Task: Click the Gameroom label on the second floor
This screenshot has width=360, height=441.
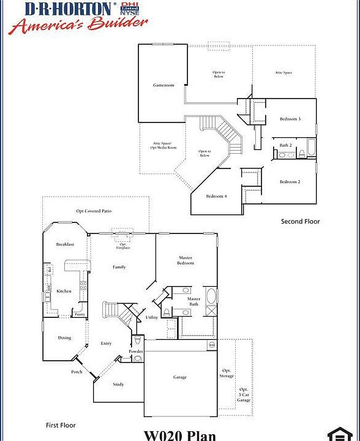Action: pos(163,85)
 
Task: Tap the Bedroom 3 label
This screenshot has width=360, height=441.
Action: pos(290,119)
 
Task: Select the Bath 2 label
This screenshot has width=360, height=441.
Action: pos(285,145)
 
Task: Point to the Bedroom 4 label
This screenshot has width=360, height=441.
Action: pos(216,196)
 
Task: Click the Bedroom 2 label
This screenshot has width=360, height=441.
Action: pos(290,182)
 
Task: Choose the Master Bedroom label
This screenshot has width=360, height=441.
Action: pos(186,260)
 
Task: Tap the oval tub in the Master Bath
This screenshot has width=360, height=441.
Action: pos(211,298)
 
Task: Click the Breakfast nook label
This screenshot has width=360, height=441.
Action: pos(65,244)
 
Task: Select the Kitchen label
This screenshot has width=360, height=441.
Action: pos(64,291)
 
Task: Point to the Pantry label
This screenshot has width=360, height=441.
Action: pos(80,314)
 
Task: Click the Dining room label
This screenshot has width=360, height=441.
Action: pos(64,337)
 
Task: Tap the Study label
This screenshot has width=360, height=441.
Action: pos(118,384)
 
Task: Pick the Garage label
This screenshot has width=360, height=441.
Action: pos(179,377)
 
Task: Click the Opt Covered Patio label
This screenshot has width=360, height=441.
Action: pos(94,211)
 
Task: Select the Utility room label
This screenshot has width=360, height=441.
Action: pos(152,317)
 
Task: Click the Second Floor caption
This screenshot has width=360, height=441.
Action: pos(300,222)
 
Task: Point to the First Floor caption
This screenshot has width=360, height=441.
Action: pos(61,424)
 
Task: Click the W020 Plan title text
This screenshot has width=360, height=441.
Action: pos(180,435)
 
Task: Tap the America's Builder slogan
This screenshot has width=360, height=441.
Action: pos(78,24)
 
